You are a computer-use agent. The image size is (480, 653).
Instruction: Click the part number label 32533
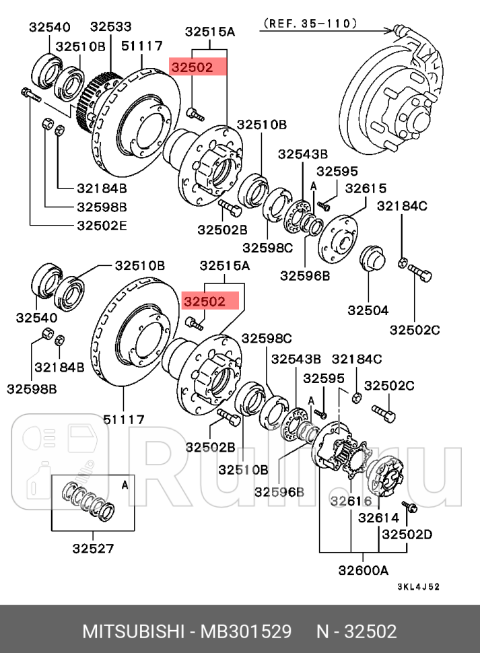(111, 28)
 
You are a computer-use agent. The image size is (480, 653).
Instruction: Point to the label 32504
(368, 310)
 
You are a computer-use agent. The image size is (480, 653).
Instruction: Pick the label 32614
(378, 518)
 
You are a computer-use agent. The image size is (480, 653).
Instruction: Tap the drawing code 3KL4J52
(417, 586)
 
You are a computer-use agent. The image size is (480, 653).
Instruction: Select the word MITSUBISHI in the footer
(133, 632)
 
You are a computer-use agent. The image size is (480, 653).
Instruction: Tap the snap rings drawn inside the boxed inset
(88, 501)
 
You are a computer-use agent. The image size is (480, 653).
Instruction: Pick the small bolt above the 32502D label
(411, 506)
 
